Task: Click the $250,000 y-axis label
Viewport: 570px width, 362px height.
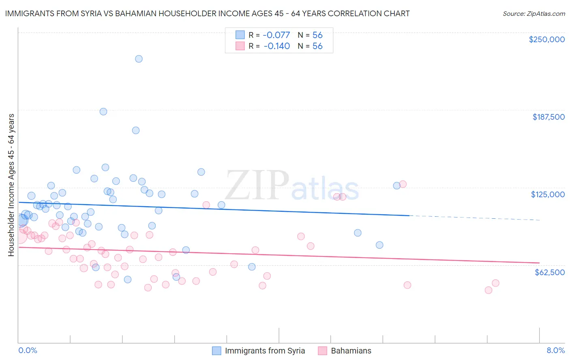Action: (x=546, y=39)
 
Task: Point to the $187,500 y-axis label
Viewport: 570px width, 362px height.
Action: (x=548, y=117)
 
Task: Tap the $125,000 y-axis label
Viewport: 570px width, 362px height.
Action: (x=548, y=194)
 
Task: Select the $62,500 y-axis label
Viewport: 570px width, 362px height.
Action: (x=549, y=272)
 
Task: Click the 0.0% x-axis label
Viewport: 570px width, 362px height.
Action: (x=28, y=350)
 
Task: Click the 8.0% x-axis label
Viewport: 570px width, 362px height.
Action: (x=555, y=350)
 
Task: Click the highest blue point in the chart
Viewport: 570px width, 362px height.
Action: (x=139, y=59)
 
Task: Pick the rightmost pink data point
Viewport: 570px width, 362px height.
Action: (x=495, y=283)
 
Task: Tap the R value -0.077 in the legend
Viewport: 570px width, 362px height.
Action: (x=276, y=35)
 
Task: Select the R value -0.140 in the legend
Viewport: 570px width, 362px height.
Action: (x=276, y=46)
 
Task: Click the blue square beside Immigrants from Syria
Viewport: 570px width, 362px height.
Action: (x=217, y=351)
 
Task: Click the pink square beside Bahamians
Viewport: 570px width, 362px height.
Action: (x=323, y=351)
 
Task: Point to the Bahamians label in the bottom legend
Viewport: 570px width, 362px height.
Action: (x=351, y=351)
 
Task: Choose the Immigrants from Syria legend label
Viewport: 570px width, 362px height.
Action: (x=265, y=351)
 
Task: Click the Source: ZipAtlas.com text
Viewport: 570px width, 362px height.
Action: (x=534, y=14)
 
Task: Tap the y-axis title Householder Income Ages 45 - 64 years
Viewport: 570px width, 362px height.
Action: (x=11, y=185)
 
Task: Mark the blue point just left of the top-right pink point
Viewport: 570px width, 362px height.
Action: (x=396, y=185)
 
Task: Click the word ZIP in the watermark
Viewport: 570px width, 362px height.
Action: (x=257, y=185)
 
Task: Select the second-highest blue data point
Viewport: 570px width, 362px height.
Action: (x=103, y=112)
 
